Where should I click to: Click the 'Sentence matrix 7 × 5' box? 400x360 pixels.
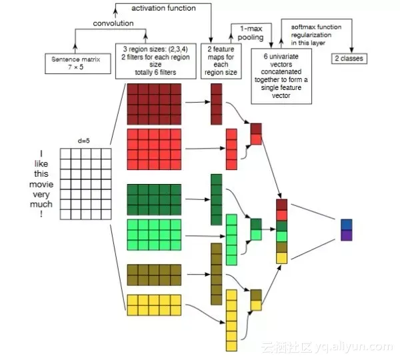click(78, 63)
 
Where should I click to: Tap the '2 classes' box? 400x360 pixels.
click(349, 59)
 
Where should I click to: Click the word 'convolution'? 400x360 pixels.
click(113, 23)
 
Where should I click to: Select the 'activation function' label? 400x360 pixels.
click(163, 8)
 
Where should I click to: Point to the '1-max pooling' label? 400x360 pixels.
click(251, 33)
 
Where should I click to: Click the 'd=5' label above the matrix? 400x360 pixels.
click(84, 141)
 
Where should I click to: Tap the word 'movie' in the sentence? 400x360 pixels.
click(41, 184)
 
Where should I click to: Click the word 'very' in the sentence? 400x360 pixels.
click(41, 195)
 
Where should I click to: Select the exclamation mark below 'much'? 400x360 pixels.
click(41, 214)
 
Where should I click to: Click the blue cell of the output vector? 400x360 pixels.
click(347, 225)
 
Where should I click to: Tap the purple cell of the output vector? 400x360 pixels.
click(347, 235)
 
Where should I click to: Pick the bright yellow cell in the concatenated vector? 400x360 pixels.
click(281, 258)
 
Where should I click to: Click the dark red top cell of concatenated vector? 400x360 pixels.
click(281, 205)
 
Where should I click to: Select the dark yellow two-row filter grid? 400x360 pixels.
click(154, 275)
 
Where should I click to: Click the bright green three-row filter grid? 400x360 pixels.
click(154, 235)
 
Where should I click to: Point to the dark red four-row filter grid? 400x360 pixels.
click(154, 104)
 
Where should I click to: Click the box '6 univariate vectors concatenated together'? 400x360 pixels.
click(281, 76)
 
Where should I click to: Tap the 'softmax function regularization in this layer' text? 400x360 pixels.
click(316, 35)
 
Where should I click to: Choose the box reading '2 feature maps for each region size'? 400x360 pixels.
click(221, 61)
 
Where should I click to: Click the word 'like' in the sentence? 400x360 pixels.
click(41, 163)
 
